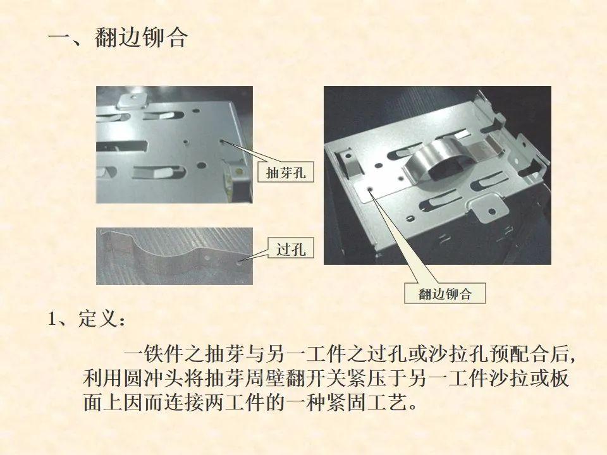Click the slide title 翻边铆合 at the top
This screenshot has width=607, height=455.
pyautogui.click(x=141, y=37)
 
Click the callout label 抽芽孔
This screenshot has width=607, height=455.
pyautogui.click(x=286, y=172)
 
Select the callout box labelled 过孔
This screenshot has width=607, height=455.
pyautogui.click(x=291, y=249)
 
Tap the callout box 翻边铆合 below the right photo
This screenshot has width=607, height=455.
pyautogui.click(x=445, y=293)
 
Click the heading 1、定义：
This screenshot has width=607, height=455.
pyautogui.click(x=87, y=319)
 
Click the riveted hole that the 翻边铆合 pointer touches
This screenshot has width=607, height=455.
pyautogui.click(x=370, y=189)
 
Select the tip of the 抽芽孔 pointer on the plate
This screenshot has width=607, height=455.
pyautogui.click(x=221, y=142)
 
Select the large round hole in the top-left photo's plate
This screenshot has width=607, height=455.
pyautogui.click(x=201, y=165)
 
